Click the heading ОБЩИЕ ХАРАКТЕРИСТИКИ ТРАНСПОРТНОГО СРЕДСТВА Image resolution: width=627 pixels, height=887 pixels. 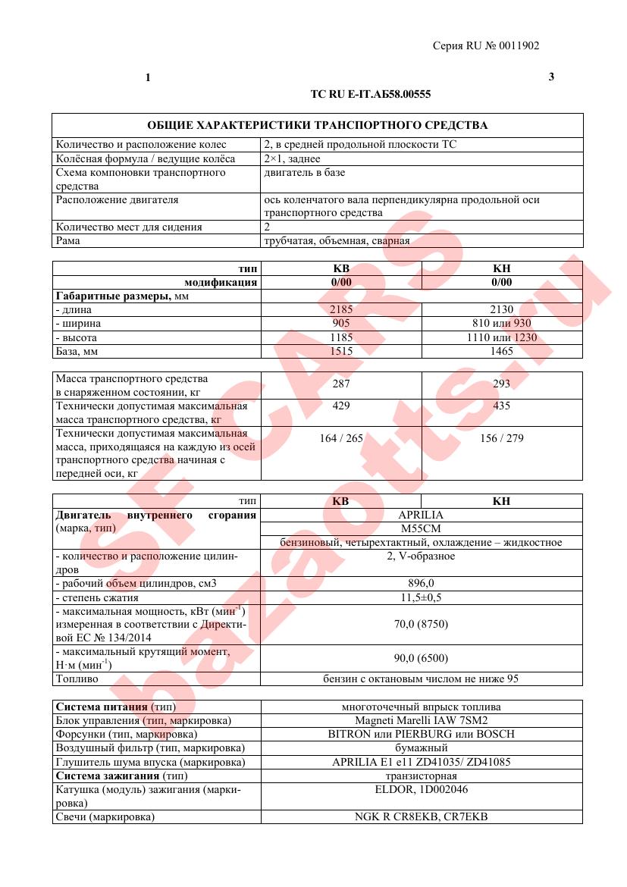pos(317,125)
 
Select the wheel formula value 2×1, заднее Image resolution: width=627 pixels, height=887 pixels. pos(292,158)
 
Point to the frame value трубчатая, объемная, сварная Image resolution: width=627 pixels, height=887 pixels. pos(337,240)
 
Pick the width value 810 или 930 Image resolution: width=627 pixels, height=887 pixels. pos(501,323)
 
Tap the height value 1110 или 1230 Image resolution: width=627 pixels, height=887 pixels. pos(501,337)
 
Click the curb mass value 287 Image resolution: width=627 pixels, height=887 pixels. pos(341,384)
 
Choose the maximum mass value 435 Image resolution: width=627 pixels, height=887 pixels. pos(501,406)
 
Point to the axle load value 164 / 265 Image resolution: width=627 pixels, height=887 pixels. pos(341,438)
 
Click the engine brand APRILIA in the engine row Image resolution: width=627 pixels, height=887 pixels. pos(421,515)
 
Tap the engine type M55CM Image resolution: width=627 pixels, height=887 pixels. pos(421,528)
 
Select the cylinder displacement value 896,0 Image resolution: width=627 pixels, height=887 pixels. pos(421,583)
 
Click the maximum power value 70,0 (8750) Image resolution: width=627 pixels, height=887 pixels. pos(421,624)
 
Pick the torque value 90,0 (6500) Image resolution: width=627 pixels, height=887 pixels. pos(421,657)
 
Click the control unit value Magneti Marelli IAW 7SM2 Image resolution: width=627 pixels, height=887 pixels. pos(421,720)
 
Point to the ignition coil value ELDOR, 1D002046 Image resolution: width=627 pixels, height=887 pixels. pos(421,789)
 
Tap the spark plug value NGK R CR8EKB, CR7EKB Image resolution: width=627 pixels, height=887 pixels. pos(421,816)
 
